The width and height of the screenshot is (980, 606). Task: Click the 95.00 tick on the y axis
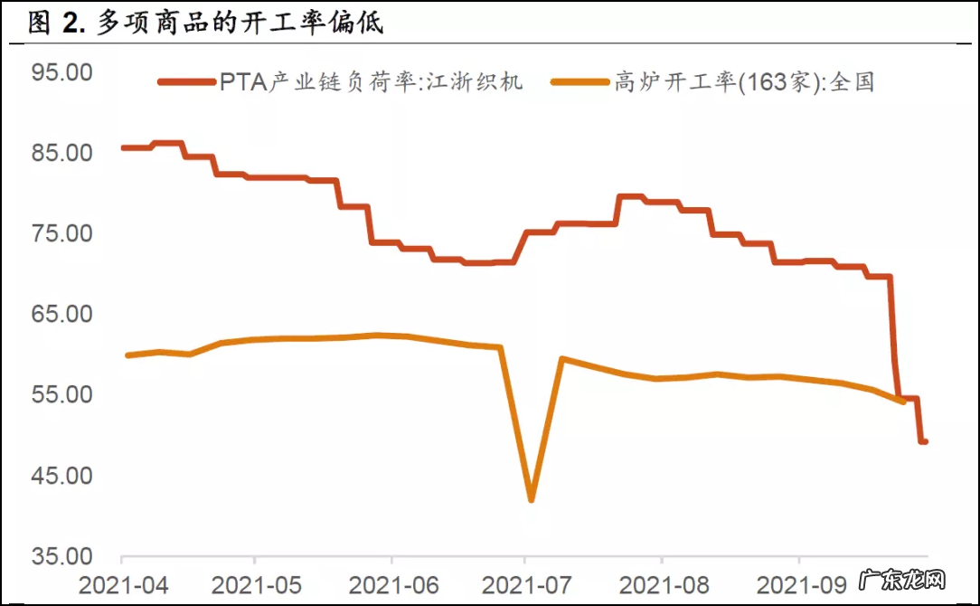click(x=61, y=71)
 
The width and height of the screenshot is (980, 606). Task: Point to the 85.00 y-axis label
click(x=61, y=152)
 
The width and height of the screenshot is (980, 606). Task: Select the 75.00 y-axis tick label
click(x=61, y=233)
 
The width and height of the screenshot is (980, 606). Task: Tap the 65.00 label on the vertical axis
click(x=61, y=314)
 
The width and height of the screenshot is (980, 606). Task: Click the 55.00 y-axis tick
click(x=61, y=394)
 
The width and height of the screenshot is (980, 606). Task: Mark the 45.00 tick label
click(x=61, y=475)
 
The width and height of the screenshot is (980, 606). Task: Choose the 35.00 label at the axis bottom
click(x=61, y=555)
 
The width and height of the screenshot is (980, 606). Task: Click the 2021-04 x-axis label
click(x=122, y=583)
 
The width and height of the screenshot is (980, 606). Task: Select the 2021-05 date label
click(x=256, y=583)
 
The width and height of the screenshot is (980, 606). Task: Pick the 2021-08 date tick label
click(x=662, y=583)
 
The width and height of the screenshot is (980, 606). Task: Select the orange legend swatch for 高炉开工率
click(x=583, y=82)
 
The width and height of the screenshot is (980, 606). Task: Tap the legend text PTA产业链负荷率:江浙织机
click(x=371, y=82)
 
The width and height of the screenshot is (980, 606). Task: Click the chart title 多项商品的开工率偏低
click(x=240, y=24)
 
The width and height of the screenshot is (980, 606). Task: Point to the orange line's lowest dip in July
click(x=531, y=499)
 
